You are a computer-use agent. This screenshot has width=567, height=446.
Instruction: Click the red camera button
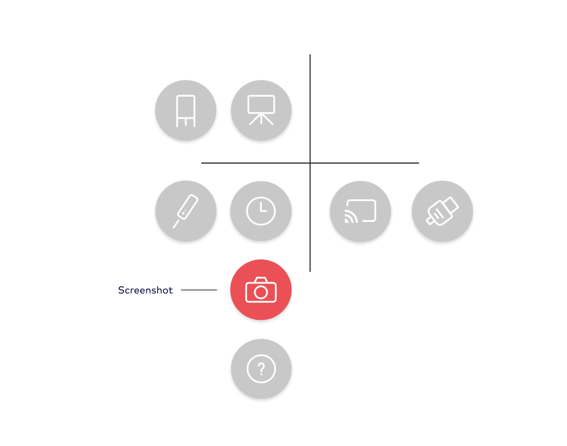(x=261, y=290)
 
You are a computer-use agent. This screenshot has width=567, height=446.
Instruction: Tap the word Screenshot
(x=145, y=290)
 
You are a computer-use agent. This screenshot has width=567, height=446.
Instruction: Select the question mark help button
(x=261, y=369)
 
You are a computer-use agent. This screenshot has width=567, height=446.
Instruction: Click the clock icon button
(x=261, y=211)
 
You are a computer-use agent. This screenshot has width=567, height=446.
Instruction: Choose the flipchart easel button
(x=186, y=110)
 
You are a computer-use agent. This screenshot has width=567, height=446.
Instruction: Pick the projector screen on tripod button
(x=261, y=110)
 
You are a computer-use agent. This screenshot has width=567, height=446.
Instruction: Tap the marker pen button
(x=186, y=211)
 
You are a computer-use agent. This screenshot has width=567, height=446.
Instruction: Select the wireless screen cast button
(x=360, y=211)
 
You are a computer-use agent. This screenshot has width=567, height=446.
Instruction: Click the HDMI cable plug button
(x=442, y=211)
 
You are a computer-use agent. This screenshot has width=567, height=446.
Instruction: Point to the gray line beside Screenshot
(x=199, y=290)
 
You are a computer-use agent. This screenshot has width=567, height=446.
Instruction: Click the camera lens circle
(x=261, y=292)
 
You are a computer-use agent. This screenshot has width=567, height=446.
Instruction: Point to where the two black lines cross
(x=310, y=163)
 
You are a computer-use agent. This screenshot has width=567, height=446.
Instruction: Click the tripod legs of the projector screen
(x=261, y=119)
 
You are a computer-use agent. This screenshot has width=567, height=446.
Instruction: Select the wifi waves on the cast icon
(x=350, y=217)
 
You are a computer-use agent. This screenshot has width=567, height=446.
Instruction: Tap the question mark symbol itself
(x=261, y=369)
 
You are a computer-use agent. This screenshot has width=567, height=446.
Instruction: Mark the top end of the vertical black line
(x=310, y=55)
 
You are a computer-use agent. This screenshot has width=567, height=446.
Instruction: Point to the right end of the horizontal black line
(x=419, y=163)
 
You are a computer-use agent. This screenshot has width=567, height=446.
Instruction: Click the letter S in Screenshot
(x=121, y=290)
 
